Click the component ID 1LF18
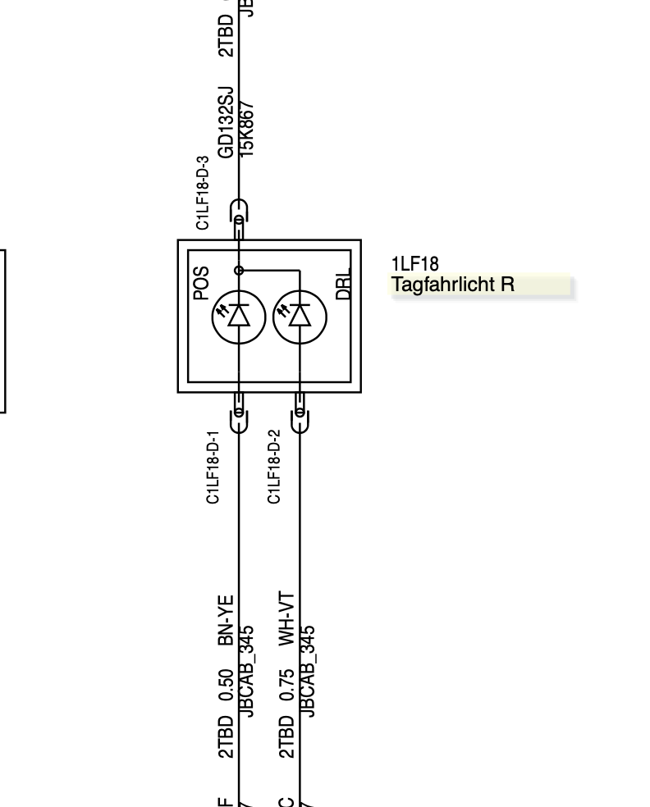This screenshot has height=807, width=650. [x=414, y=264]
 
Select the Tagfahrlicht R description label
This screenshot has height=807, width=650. [x=453, y=285]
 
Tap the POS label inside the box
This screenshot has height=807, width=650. [x=201, y=283]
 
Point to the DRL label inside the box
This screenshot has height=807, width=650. [x=344, y=283]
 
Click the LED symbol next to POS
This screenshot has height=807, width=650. [x=238, y=317]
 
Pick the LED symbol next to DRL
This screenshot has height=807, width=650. [x=299, y=317]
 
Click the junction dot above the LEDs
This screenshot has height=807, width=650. [x=239, y=270]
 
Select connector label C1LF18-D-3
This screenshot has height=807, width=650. [x=203, y=193]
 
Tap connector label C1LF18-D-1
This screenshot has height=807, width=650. [x=213, y=467]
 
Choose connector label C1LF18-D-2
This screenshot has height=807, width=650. [x=274, y=467]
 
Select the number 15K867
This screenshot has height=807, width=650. [x=246, y=128]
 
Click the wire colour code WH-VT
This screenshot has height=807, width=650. [x=286, y=619]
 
